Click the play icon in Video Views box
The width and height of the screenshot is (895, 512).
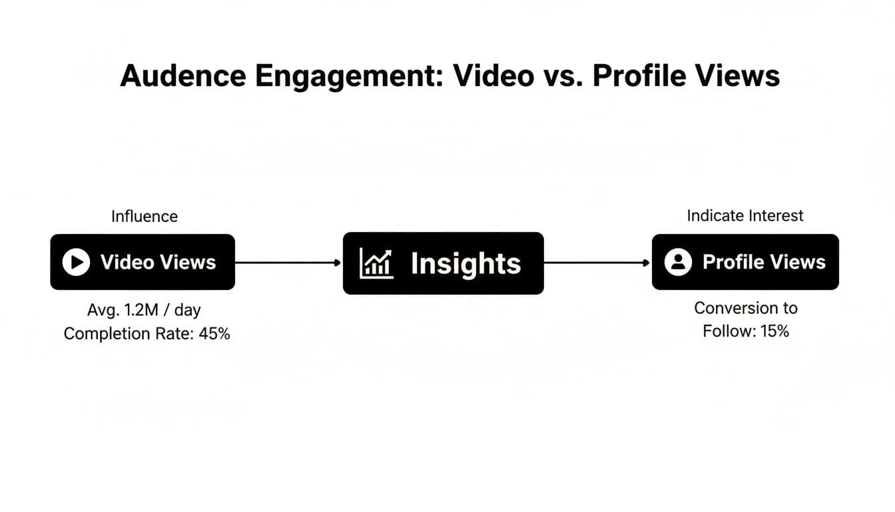click(x=76, y=262)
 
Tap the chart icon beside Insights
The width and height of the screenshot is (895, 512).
click(x=376, y=263)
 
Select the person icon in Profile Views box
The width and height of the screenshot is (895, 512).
click(x=678, y=262)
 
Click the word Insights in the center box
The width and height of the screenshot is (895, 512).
click(x=465, y=264)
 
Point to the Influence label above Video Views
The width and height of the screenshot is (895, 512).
click(x=145, y=217)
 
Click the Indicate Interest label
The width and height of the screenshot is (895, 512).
click(x=745, y=216)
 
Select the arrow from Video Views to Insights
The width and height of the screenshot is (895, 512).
click(x=288, y=263)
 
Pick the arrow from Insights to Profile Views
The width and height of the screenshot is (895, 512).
click(x=597, y=263)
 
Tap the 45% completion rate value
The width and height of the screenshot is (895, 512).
click(x=214, y=334)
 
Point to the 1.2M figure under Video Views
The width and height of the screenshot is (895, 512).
click(x=141, y=311)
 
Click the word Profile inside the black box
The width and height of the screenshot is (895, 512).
click(x=731, y=262)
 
